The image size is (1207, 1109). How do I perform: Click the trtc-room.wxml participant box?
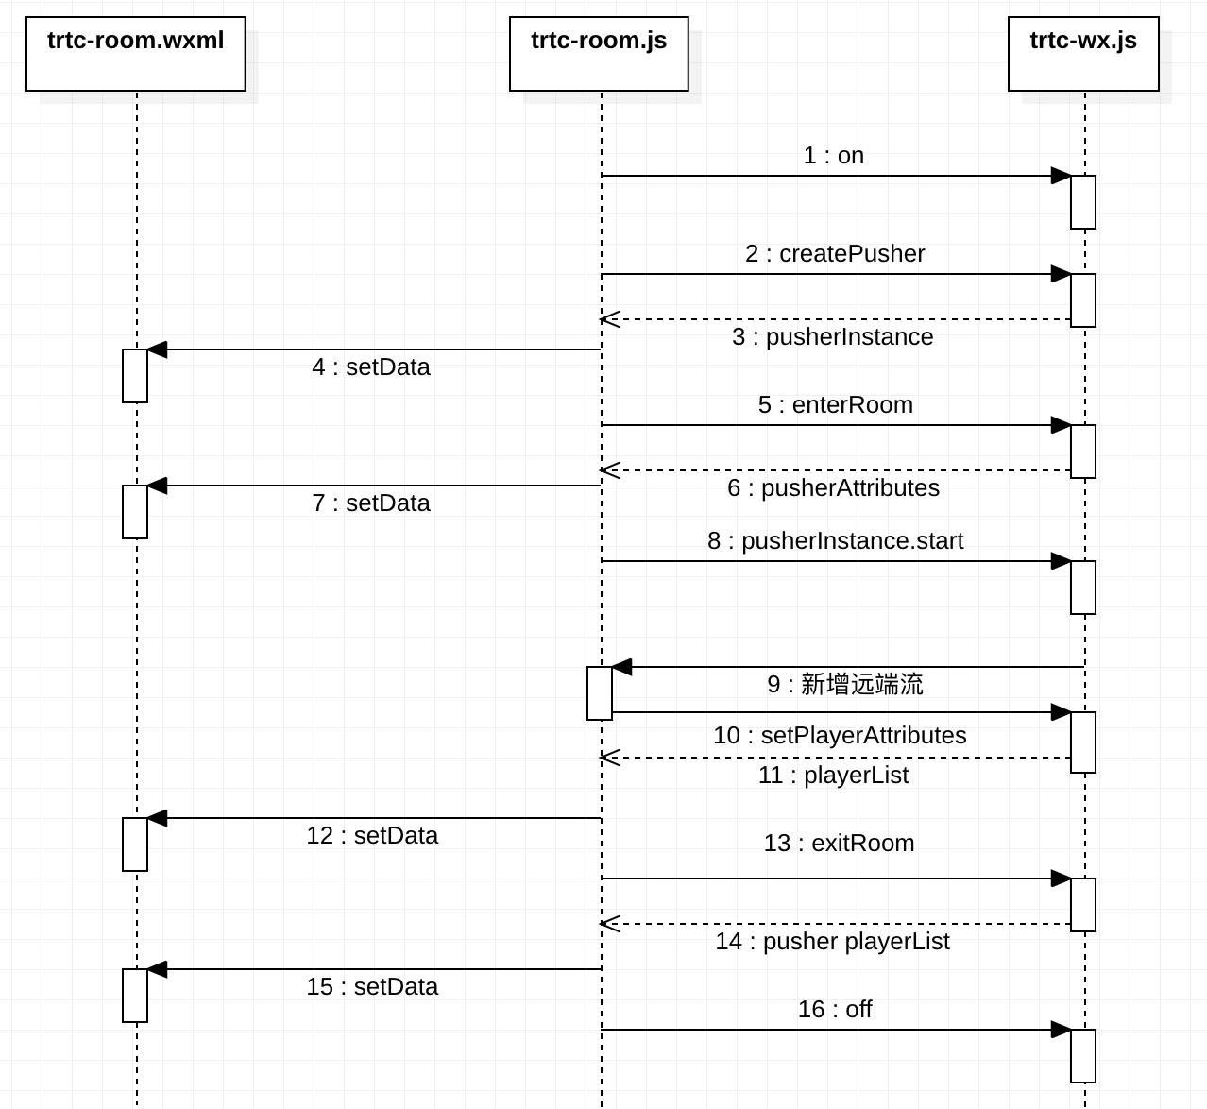click(x=136, y=54)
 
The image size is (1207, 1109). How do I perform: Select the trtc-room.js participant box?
click(x=599, y=54)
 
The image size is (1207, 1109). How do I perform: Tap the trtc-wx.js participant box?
click(x=1083, y=54)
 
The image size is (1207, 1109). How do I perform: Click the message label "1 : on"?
click(x=833, y=155)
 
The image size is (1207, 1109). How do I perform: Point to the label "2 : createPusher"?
click(x=835, y=253)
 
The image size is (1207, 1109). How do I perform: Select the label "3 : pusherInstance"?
click(x=832, y=336)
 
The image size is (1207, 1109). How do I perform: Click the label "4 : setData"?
click(x=370, y=367)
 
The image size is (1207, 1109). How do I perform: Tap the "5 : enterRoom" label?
click(x=835, y=404)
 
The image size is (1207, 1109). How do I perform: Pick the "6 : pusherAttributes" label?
click(x=833, y=487)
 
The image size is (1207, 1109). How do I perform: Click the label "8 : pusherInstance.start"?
click(x=835, y=540)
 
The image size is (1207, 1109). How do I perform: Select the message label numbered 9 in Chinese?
click(x=844, y=685)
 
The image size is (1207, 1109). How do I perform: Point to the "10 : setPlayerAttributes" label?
click(x=840, y=735)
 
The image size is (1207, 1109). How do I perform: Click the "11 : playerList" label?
click(x=833, y=775)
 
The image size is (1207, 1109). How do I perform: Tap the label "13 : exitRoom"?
click(x=839, y=843)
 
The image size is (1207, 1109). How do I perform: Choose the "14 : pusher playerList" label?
click(x=832, y=941)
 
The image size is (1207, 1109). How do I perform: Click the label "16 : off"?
click(x=835, y=1009)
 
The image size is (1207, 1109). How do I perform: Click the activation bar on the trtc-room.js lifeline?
click(x=600, y=693)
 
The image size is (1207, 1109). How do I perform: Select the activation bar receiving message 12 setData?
click(x=135, y=845)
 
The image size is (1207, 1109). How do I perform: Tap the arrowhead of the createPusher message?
click(x=1061, y=274)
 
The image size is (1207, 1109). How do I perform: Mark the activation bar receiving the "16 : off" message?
click(x=1083, y=1056)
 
